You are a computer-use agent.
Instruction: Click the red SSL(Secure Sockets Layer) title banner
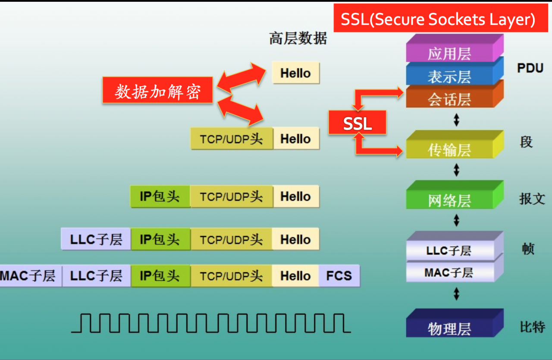point(441,18)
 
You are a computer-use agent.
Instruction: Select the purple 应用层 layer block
point(455,48)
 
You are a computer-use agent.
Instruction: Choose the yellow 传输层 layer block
point(455,144)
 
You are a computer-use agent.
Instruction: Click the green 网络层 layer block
point(455,195)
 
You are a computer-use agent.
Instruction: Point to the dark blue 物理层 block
point(455,323)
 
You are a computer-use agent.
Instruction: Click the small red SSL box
point(358,123)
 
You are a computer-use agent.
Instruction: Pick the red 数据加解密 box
point(158,90)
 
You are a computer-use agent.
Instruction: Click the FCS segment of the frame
point(339,276)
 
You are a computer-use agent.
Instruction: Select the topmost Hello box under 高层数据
point(296,73)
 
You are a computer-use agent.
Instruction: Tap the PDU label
point(530,68)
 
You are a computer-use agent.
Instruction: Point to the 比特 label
point(532,327)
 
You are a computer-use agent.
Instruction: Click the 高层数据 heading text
point(298,38)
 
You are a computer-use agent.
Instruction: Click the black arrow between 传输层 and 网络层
point(456,170)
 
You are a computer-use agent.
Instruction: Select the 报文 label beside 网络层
point(532,199)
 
